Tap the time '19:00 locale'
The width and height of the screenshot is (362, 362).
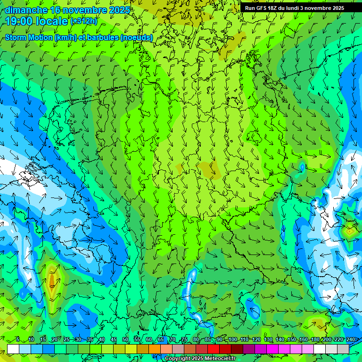coord(37,21)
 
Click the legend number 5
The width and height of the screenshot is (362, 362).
coord(18,340)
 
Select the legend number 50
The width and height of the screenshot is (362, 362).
coord(125,340)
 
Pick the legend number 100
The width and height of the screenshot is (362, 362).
coord(232,340)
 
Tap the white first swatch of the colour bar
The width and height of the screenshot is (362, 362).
coord(13,348)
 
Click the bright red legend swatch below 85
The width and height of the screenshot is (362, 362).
coord(214,348)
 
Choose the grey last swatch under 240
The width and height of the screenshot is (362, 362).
coord(343,348)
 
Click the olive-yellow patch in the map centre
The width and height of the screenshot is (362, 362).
coord(206,169)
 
